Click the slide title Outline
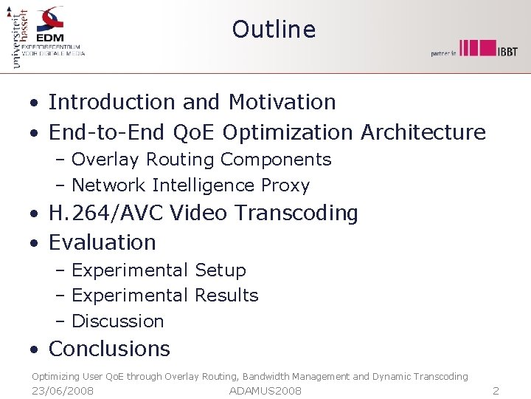pos(274,30)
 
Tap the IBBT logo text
pos(507,50)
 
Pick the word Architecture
pos(423,132)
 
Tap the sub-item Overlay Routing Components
pos(201,160)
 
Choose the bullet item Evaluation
pos(103,242)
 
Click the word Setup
pos(221,270)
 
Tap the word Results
pos(226,296)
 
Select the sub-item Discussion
pos(118,321)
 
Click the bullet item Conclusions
pos(109,349)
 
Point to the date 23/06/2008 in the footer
pos(63,391)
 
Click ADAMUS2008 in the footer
pos(265,391)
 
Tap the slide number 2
pos(496,391)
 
